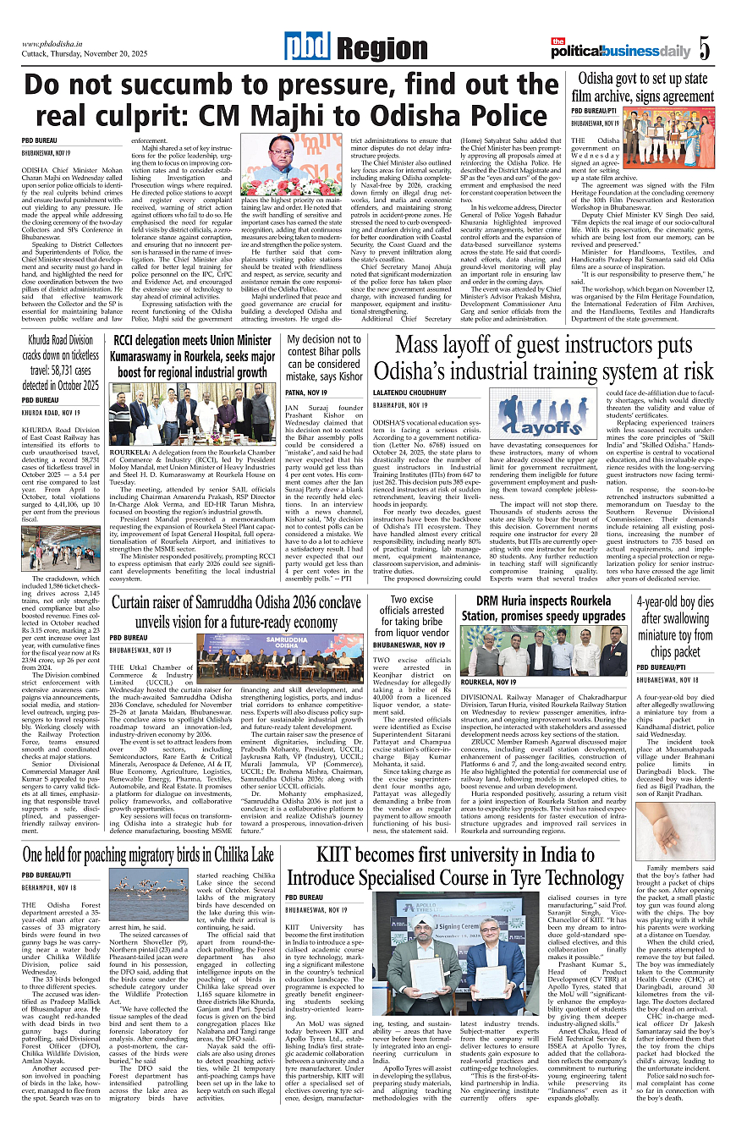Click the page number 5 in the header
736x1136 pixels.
coord(705,49)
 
